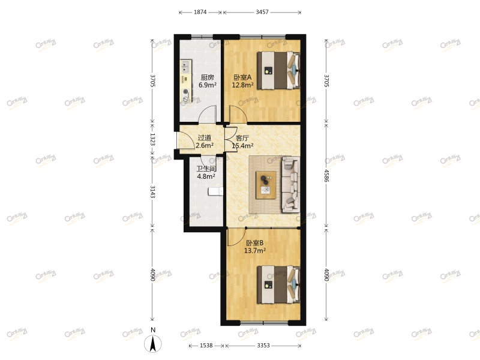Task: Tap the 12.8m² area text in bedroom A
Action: coord(242,85)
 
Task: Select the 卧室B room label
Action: coord(254,243)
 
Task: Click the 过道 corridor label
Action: coord(204,137)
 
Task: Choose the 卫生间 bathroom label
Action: coord(206,169)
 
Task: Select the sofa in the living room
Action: coord(291,184)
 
